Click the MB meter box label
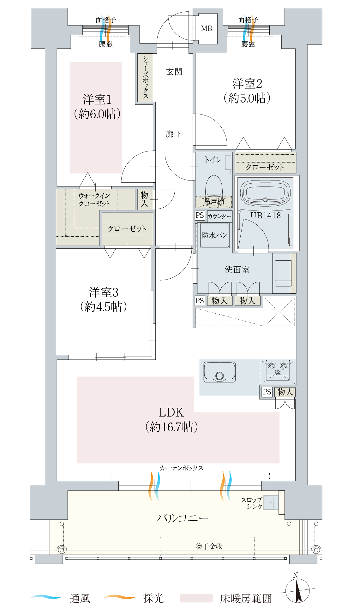[x=207, y=28]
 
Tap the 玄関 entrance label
[x=174, y=72]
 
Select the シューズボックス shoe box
[x=145, y=78]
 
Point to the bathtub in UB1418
[x=265, y=193]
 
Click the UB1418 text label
[x=265, y=216]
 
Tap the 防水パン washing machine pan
[x=215, y=235]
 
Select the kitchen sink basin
[x=219, y=372]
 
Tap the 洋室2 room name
[x=247, y=84]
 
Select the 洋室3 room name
[x=104, y=293]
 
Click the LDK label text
[x=171, y=412]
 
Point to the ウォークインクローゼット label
[x=94, y=200]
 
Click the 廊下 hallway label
[x=174, y=134]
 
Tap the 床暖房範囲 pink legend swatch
[x=196, y=598]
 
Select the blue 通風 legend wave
[x=46, y=597]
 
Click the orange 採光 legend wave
[x=120, y=597]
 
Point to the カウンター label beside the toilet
[x=219, y=216]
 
